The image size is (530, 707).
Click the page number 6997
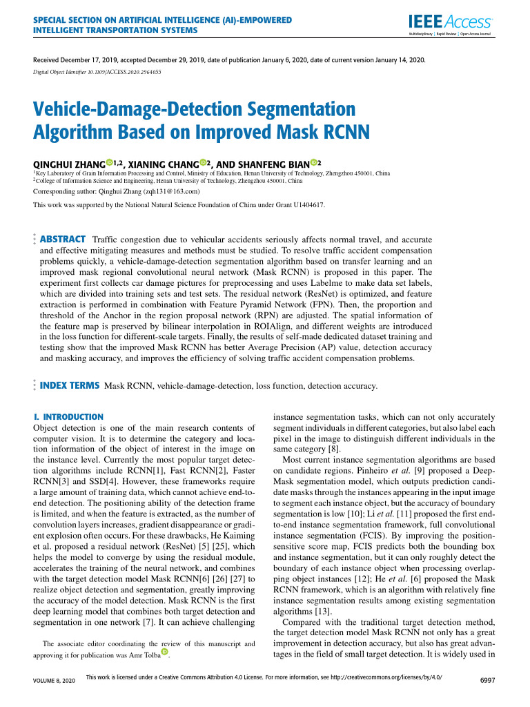(487, 680)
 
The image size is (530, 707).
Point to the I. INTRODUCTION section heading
(68, 417)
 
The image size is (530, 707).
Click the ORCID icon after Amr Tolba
(164, 652)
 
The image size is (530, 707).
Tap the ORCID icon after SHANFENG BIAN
(314, 162)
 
